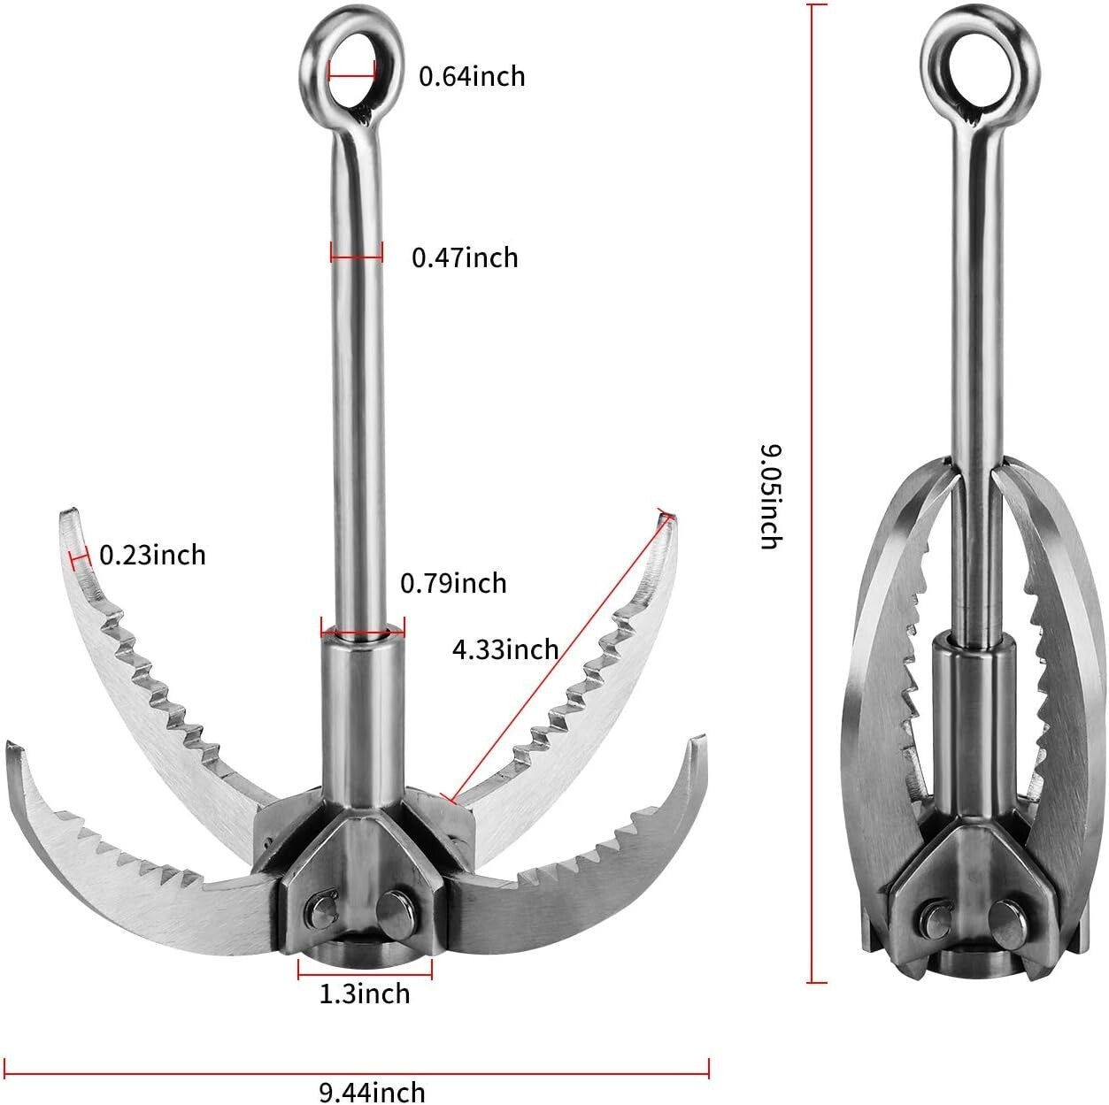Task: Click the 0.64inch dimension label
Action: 472,76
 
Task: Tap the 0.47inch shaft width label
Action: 465,257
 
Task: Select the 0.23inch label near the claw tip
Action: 152,555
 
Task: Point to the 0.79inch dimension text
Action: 453,583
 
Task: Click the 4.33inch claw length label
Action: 505,649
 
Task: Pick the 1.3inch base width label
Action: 365,994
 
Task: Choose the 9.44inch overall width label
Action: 372,1092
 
